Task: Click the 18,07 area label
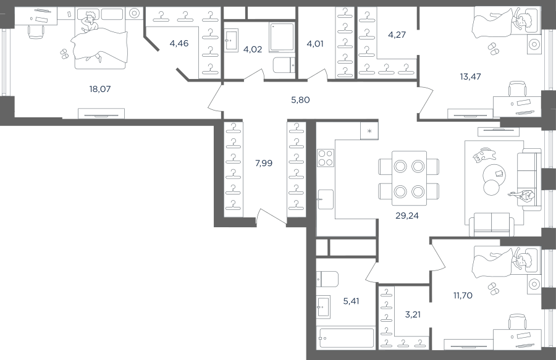pos(100,89)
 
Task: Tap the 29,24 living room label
pos(407,216)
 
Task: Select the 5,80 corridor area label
pos(300,100)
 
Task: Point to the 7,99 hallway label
pos(264,163)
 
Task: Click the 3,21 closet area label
pos(413,314)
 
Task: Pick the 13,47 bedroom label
pos(470,77)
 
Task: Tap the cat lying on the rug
pos(484,155)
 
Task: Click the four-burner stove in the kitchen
pos(325,157)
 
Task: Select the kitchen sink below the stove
pos(325,199)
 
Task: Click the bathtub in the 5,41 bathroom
pos(346,338)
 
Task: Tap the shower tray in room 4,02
pos(282,37)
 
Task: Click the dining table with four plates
pos(409,178)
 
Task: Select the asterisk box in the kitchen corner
pos(369,131)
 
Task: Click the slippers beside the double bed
pos(64,54)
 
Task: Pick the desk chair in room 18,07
pos(36,33)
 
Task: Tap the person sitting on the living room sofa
pos(522,196)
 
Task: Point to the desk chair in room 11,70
pos(516,321)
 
